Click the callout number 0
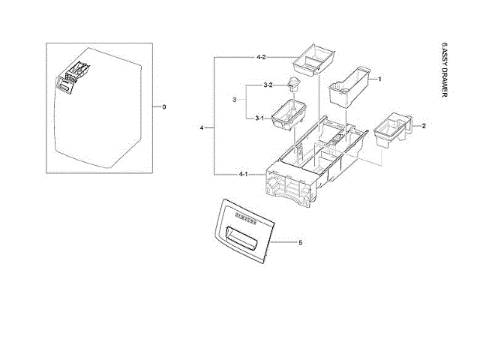[x=163, y=106]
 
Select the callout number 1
[x=379, y=79]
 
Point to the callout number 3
[x=235, y=99]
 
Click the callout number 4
[x=202, y=129]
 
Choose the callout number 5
[x=300, y=243]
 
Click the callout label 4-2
[x=261, y=58]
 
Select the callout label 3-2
[x=267, y=85]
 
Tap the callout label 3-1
[x=259, y=118]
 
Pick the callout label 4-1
[x=243, y=174]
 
